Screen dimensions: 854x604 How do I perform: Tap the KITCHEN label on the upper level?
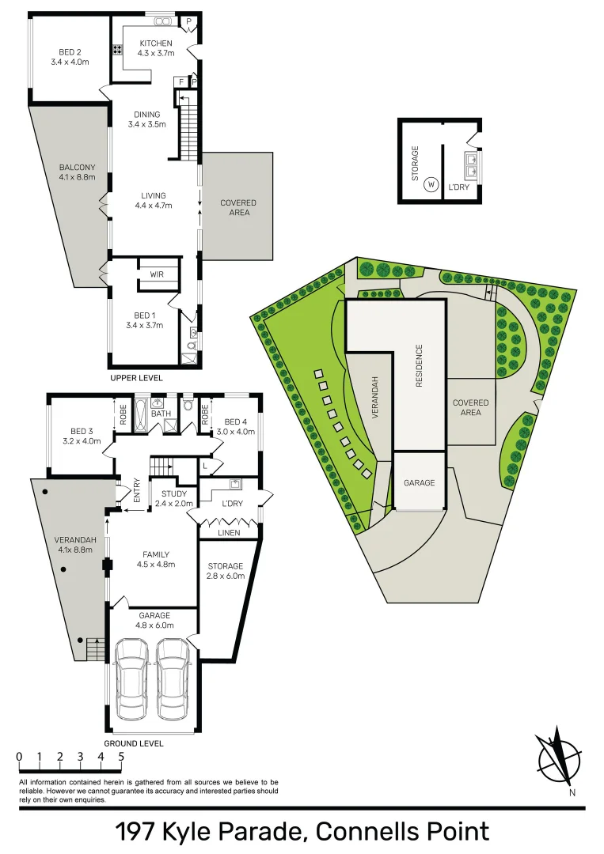[155, 43]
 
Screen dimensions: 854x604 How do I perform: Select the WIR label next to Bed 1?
[157, 274]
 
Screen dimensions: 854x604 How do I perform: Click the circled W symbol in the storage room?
[431, 185]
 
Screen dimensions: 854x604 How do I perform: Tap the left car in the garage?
[131, 679]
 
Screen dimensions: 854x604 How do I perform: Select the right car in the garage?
[173, 679]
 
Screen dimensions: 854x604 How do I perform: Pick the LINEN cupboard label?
[230, 532]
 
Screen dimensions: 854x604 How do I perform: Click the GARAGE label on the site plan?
[420, 482]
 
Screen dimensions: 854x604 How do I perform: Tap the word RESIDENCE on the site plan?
[420, 365]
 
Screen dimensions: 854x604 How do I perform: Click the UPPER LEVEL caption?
[136, 378]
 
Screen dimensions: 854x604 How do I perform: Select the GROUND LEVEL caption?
[134, 743]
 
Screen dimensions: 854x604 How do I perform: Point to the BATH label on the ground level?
[161, 413]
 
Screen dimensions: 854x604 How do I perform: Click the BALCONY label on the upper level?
[78, 167]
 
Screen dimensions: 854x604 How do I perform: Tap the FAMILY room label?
[155, 554]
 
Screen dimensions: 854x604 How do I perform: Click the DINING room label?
[146, 115]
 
